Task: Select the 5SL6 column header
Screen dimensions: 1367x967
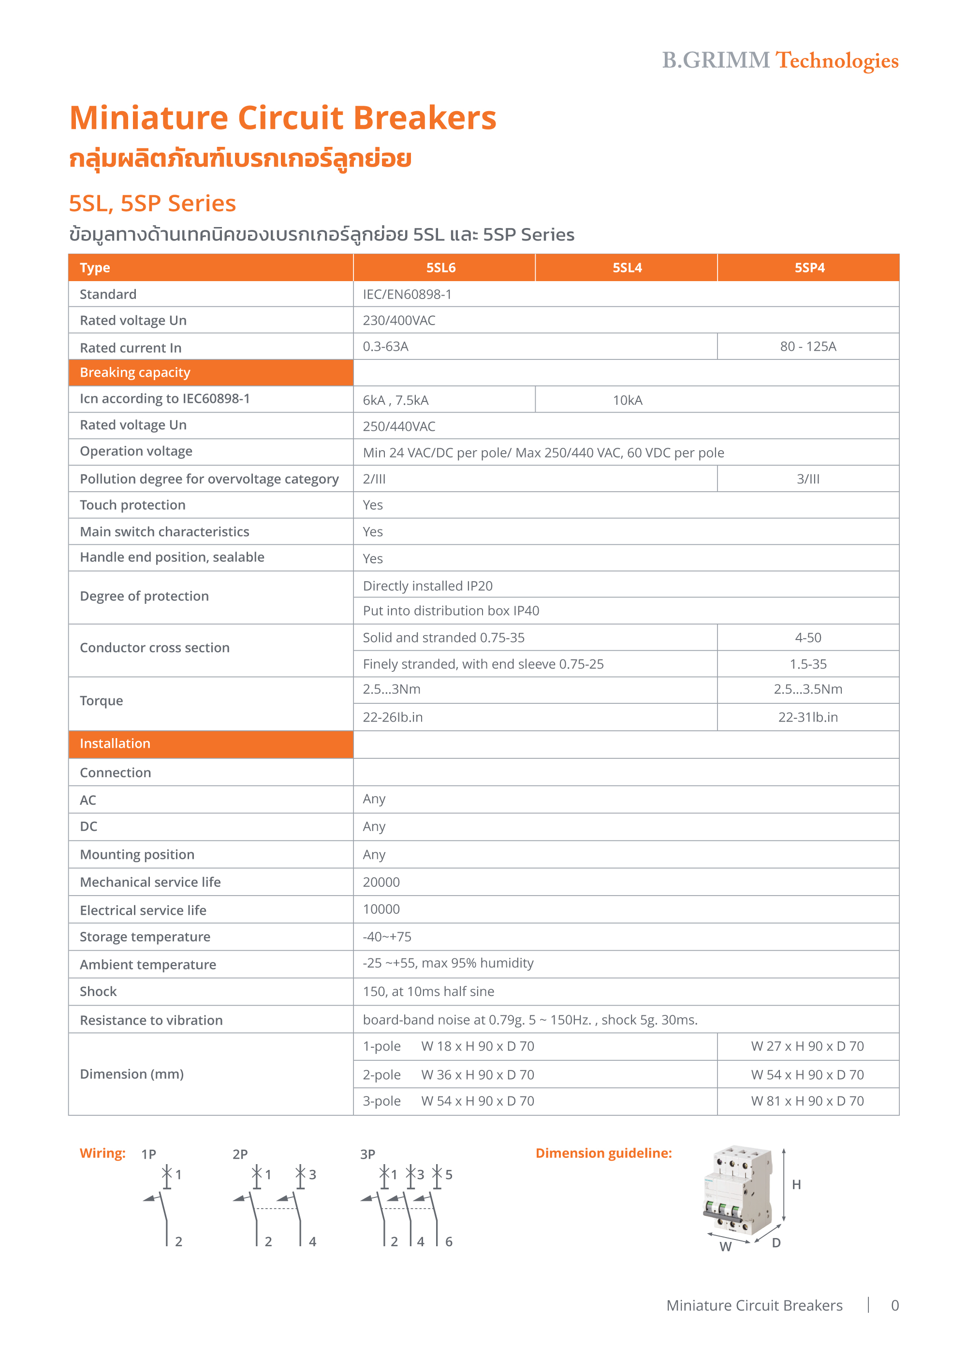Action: [x=441, y=268]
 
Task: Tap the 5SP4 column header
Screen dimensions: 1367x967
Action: [x=809, y=268]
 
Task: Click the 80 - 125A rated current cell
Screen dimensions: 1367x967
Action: [x=808, y=346]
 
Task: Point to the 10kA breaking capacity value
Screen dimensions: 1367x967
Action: [x=628, y=400]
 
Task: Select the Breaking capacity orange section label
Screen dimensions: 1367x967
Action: [x=135, y=373]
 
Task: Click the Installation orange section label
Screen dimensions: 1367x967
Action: [x=115, y=743]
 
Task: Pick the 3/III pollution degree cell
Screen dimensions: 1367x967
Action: [x=808, y=479]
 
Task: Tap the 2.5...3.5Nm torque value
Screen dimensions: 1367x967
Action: [x=808, y=689]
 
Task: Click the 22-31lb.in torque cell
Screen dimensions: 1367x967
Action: [x=808, y=717]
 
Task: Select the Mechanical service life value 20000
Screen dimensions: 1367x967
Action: [x=381, y=883]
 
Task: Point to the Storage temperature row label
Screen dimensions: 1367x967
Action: [x=145, y=937]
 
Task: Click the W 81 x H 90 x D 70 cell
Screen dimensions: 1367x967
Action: [x=807, y=1101]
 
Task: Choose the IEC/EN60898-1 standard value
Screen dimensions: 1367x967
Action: [x=407, y=295]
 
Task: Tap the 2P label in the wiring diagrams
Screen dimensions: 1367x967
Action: [x=240, y=1154]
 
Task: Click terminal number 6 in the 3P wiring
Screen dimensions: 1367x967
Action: [x=449, y=1242]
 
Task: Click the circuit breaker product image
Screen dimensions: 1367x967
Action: [x=738, y=1191]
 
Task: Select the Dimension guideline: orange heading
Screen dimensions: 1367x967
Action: [x=603, y=1153]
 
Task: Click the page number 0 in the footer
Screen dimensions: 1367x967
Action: [x=894, y=1306]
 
